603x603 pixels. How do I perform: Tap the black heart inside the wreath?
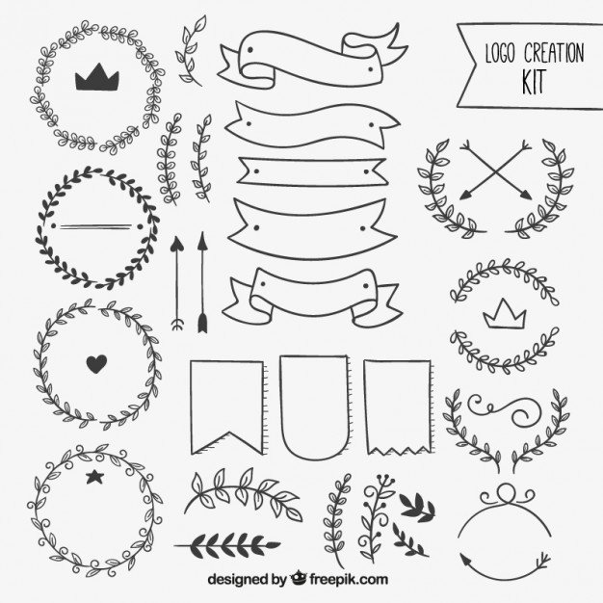[95, 363]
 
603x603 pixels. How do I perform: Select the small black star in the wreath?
[94, 476]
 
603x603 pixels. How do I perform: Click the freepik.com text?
[348, 579]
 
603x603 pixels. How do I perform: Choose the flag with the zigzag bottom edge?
[396, 405]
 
